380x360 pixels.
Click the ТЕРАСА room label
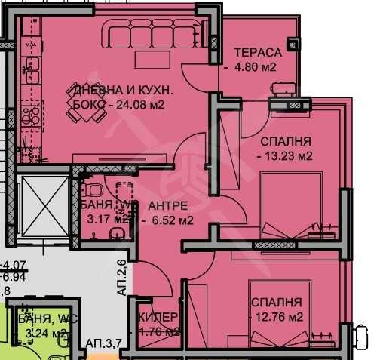(257, 52)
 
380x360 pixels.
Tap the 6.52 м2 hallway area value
(171, 220)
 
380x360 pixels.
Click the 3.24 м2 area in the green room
(47, 332)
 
